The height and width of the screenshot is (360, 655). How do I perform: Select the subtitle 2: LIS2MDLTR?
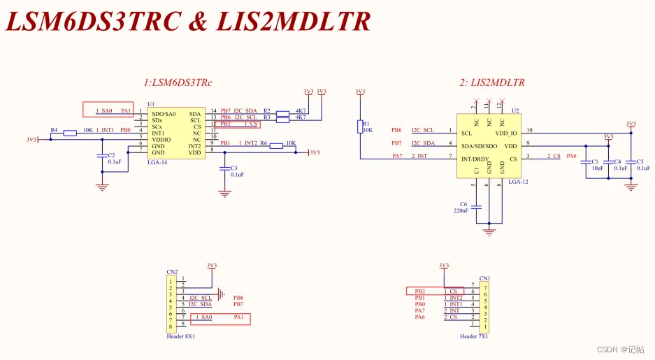click(x=492, y=82)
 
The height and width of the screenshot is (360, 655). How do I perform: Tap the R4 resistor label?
click(x=54, y=130)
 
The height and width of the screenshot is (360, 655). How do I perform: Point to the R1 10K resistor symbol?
click(x=361, y=126)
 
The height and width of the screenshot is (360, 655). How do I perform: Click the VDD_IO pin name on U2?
click(x=505, y=133)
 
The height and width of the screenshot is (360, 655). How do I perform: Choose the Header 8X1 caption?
click(x=181, y=336)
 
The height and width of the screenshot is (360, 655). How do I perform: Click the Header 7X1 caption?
click(x=475, y=336)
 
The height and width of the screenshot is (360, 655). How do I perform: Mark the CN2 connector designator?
click(x=171, y=271)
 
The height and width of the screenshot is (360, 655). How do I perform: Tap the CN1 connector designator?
click(x=484, y=278)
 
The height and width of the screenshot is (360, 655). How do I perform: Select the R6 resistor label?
click(x=264, y=143)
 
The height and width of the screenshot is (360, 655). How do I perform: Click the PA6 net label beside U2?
click(x=571, y=155)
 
